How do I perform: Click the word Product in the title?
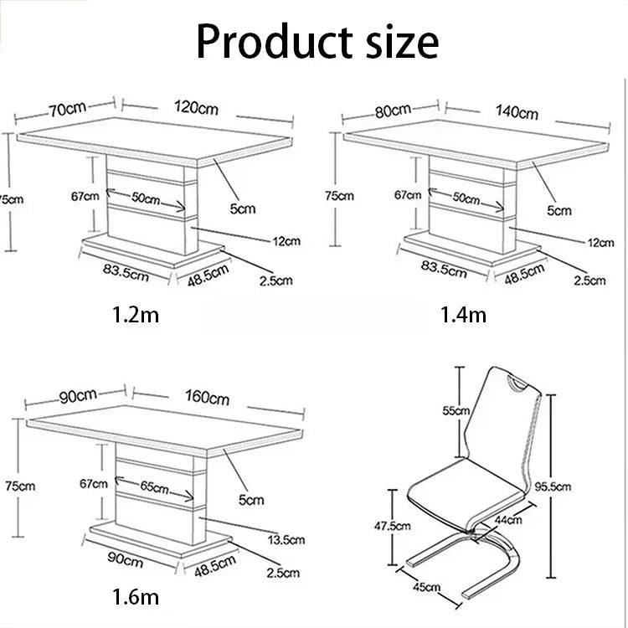275,42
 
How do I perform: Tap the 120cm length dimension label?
196,108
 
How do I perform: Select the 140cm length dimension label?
517,111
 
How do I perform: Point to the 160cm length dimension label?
207,397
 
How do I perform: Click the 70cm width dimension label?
67,109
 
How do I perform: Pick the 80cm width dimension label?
393,111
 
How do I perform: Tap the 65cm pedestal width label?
154,487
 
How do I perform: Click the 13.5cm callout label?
286,539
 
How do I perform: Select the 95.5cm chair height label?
553,486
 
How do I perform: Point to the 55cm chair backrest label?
456,410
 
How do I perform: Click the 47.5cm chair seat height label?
393,526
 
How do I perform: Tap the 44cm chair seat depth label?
508,520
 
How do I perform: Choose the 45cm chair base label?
427,587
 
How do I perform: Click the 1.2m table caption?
136,314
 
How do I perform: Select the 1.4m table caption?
463,314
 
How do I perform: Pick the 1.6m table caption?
136,597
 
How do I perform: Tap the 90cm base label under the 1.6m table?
125,560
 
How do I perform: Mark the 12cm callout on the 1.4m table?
600,243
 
